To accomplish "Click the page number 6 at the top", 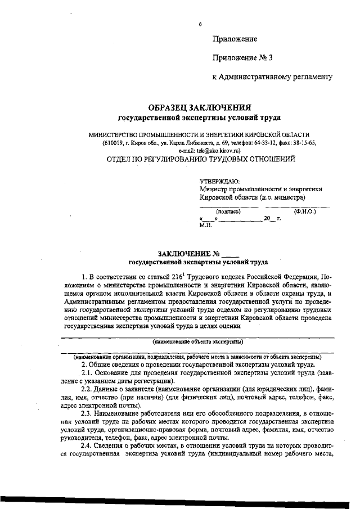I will click(x=200, y=25).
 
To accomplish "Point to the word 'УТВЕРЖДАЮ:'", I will click(x=219, y=181).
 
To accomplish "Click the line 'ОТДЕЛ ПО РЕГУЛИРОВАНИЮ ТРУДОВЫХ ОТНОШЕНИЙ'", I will click(x=201, y=159).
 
